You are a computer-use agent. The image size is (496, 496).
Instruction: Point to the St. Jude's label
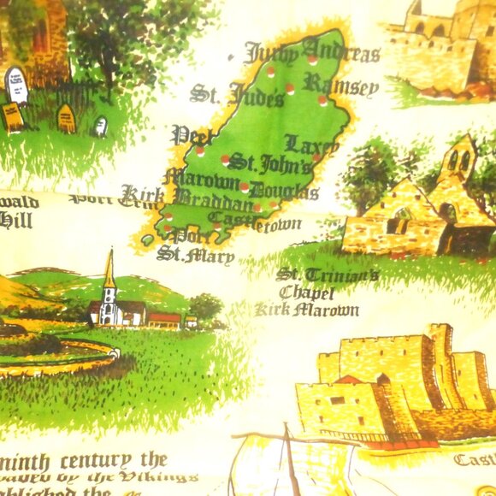click(x=236, y=93)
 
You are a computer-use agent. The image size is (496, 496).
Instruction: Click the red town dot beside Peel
click(x=200, y=151)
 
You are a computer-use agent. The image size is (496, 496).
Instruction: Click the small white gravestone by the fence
click(x=100, y=127)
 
